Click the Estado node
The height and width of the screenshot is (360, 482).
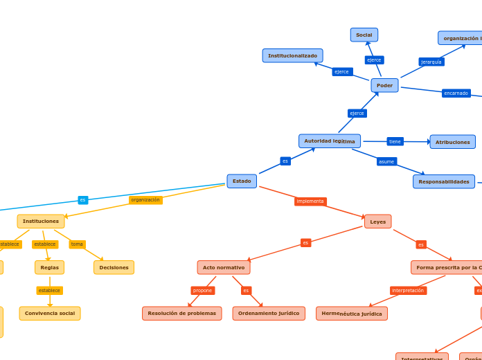[x=242, y=181]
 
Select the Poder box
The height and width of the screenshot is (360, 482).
[x=384, y=85]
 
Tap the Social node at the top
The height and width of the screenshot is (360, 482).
[x=364, y=35]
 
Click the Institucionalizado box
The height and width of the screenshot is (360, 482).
[x=292, y=55]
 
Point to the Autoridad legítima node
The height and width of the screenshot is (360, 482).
[x=330, y=141]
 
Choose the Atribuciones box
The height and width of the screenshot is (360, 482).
[x=452, y=142]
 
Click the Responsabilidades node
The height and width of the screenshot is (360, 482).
[x=444, y=181]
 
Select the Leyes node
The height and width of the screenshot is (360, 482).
[x=378, y=222]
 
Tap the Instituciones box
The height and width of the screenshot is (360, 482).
[x=41, y=222]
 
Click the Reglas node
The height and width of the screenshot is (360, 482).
[x=49, y=267]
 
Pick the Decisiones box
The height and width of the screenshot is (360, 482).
[x=114, y=267]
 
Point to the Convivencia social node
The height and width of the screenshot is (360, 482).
[x=50, y=314]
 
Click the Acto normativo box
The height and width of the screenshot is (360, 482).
[x=224, y=267]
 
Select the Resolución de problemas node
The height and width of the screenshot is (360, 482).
[x=182, y=314]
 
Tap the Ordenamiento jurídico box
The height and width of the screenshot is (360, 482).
[x=269, y=314]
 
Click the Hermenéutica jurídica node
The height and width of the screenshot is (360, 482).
[x=352, y=314]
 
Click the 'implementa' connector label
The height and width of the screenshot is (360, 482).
[x=310, y=201]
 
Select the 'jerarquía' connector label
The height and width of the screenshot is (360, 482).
[x=431, y=62]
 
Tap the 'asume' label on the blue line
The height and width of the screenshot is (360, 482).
[x=386, y=161]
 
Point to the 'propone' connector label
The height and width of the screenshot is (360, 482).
[x=203, y=291]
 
